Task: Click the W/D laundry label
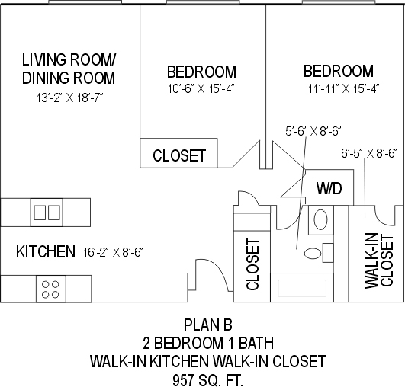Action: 329,188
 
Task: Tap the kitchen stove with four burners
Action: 51,289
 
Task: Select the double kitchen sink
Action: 47,213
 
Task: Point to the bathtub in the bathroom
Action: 302,288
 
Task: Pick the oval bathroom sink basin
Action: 320,219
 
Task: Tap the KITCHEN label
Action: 46,251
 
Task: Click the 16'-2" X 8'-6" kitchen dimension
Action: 113,252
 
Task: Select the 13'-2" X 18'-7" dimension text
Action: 70,98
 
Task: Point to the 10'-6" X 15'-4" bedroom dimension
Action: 201,89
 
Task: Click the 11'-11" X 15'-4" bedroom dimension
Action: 343,89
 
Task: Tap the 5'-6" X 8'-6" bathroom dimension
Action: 313,131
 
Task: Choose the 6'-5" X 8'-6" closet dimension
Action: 369,154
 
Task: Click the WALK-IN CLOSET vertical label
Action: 379,261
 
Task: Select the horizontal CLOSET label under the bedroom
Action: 179,155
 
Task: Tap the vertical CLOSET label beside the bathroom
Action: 252,264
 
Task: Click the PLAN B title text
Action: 208,325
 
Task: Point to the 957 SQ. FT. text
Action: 208,380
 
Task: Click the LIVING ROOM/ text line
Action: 69,59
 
